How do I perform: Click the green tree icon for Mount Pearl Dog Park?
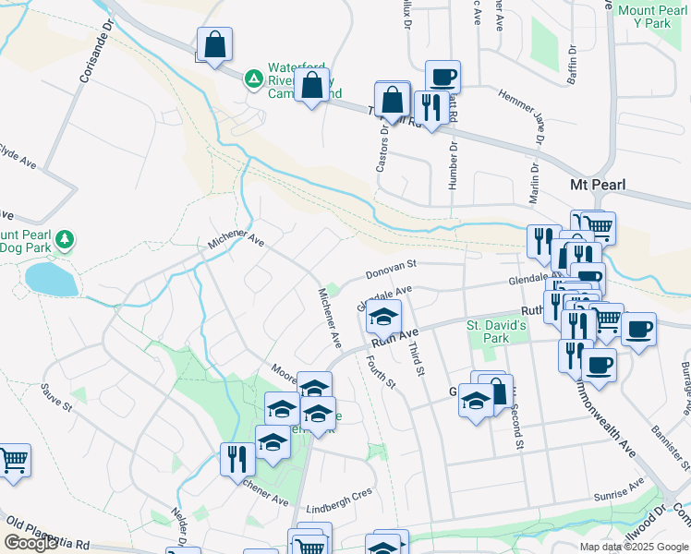click(x=64, y=241)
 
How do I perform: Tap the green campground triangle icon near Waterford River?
click(x=252, y=79)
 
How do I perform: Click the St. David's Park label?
click(x=496, y=331)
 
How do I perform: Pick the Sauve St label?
click(x=57, y=403)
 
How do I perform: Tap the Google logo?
click(x=30, y=543)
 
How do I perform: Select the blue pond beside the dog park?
click(x=51, y=278)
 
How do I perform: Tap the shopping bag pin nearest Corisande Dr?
click(x=214, y=43)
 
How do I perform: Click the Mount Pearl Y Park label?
click(x=651, y=17)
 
